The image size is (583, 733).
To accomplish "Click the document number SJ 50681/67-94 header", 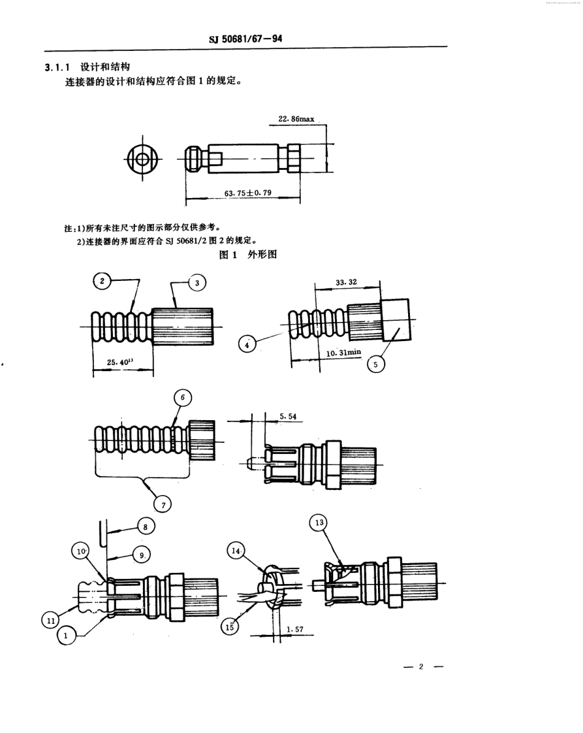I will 245,40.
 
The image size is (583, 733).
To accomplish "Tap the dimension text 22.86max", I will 296,120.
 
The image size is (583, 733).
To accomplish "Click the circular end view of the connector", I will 142,158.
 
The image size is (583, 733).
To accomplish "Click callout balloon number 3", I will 196,282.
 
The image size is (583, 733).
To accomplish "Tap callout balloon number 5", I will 376,364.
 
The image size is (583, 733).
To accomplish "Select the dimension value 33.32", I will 346,283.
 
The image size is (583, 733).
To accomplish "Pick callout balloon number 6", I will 183,397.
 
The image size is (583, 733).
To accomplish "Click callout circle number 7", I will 163,504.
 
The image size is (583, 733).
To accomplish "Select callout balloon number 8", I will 145,526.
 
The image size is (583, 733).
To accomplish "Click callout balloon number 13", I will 318,523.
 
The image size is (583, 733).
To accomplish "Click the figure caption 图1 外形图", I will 248,255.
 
